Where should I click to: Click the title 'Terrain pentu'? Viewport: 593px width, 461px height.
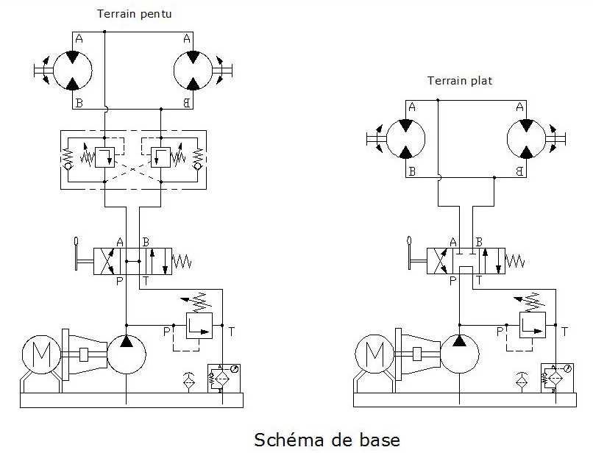(135, 14)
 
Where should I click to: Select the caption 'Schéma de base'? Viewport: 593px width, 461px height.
(327, 440)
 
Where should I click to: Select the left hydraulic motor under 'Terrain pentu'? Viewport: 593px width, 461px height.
(72, 71)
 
